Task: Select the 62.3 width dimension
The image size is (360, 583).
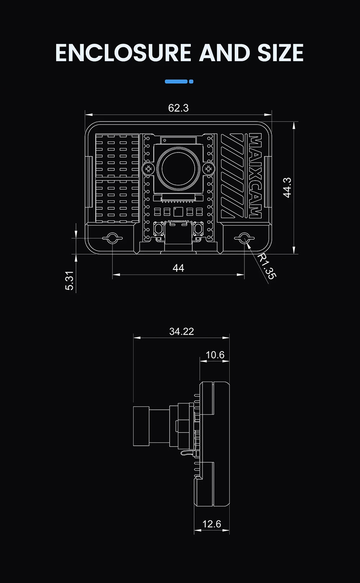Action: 178,108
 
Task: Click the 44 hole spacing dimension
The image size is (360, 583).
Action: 178,268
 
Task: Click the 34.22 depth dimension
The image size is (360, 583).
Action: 181,332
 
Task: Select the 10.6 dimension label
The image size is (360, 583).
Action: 215,355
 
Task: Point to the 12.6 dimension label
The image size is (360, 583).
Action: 212,524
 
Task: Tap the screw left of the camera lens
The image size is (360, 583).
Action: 147,169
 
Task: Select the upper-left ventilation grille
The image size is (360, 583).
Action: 117,155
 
